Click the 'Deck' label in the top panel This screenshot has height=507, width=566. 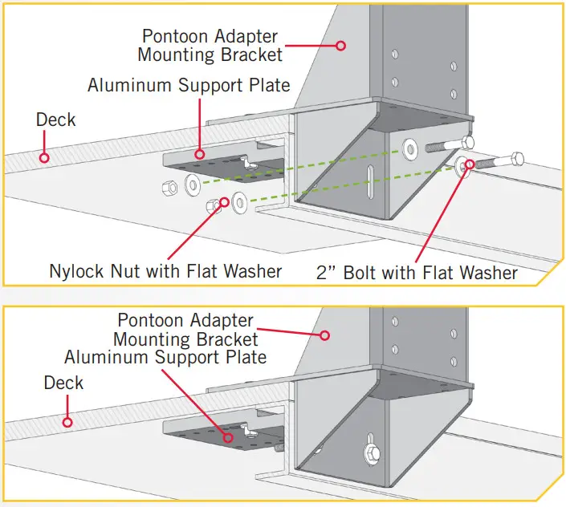(55, 120)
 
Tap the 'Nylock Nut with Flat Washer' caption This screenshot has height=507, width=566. (165, 271)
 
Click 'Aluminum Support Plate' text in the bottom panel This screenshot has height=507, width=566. (165, 355)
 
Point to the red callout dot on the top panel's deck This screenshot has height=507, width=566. (44, 157)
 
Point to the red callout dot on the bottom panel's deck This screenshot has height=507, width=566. (68, 421)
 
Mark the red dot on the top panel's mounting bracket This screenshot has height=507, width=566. (340, 46)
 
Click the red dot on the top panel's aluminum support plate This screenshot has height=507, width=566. (200, 152)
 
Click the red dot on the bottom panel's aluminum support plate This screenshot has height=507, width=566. (230, 437)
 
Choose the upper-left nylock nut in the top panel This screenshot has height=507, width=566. (169, 187)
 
